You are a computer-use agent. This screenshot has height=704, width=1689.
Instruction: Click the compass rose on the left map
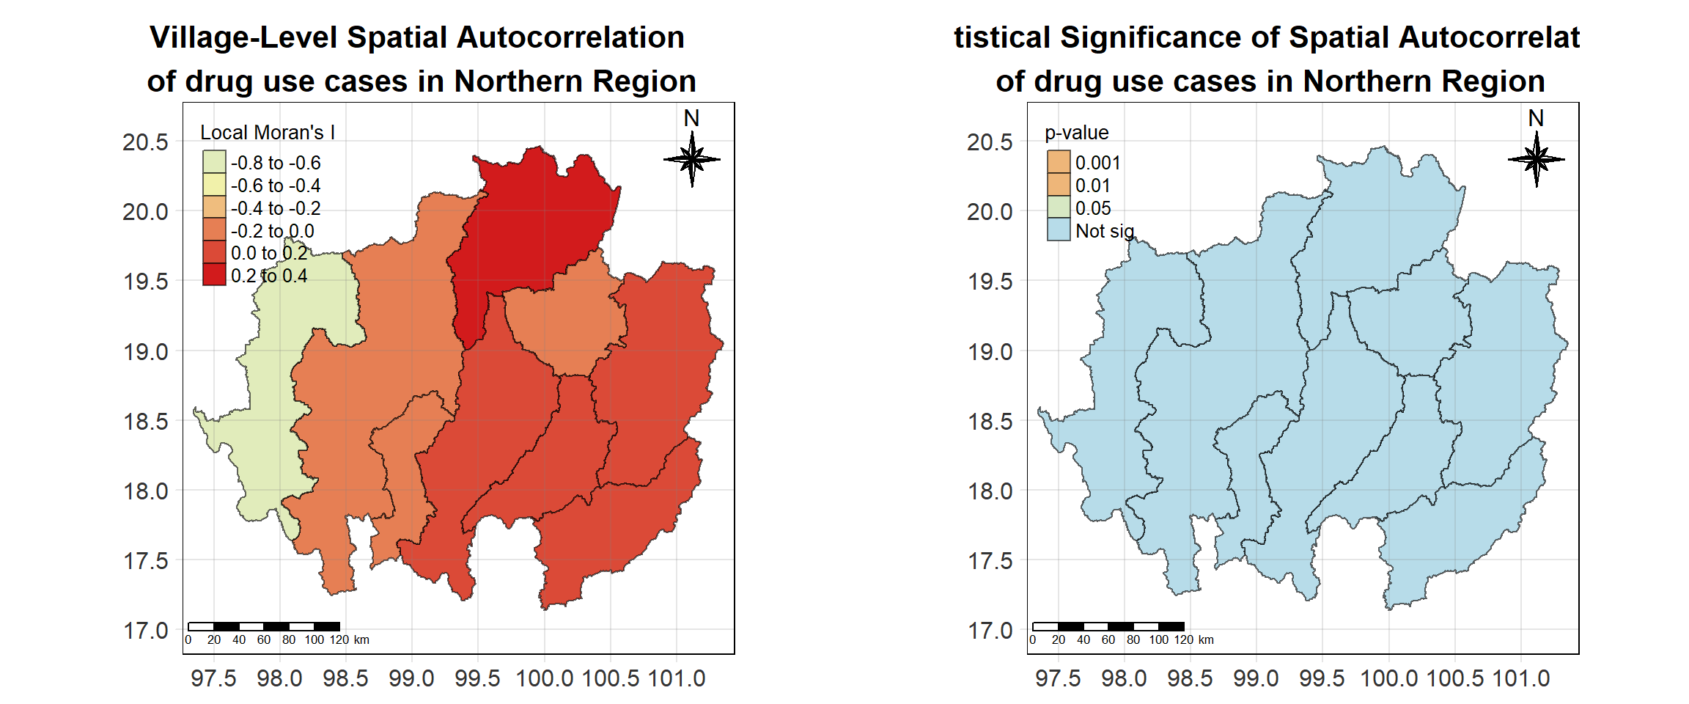coord(692,158)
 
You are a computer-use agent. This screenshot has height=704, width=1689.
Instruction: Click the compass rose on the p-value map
coord(1537,158)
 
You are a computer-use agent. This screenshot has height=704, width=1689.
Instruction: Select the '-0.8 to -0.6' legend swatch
coord(214,162)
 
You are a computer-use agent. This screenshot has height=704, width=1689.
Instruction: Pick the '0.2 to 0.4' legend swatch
coord(214,275)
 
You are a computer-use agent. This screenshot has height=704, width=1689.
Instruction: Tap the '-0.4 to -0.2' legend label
coord(276,208)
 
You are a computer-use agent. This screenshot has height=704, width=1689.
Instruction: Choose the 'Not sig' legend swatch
coord(1059,230)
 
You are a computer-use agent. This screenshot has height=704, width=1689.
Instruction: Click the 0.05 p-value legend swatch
coord(1059,208)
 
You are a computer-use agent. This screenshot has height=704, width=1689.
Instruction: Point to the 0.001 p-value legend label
coord(1097,163)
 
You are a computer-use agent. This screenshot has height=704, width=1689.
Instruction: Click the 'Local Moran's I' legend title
coord(268,133)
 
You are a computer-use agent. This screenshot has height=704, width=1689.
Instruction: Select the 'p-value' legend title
coord(1076,133)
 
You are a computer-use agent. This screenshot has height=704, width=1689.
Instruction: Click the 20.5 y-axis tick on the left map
coord(145,142)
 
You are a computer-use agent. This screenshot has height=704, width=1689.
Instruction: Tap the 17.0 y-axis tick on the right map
coord(990,631)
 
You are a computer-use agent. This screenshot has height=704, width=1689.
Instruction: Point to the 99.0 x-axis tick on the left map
coord(411,678)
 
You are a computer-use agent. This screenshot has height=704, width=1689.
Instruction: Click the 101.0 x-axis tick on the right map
coord(1521,678)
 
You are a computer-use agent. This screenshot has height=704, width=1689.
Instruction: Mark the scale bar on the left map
coord(264,626)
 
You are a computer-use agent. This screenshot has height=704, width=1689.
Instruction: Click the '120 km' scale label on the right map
coord(1193,640)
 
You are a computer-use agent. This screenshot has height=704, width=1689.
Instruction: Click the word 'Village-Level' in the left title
coord(243,38)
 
